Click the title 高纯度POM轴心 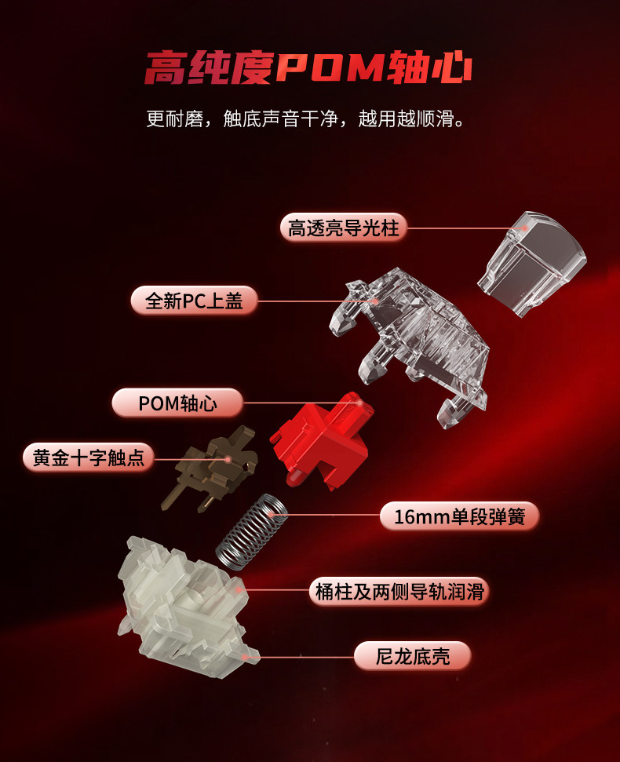pyautogui.click(x=308, y=67)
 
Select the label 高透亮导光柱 pyautogui.click(x=343, y=228)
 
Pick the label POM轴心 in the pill pyautogui.click(x=177, y=403)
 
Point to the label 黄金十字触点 pyautogui.click(x=88, y=458)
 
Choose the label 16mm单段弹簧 pyautogui.click(x=459, y=517)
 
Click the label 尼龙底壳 pyautogui.click(x=412, y=656)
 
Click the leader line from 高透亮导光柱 pyautogui.click(x=463, y=228)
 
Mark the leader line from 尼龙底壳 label pyautogui.click(x=302, y=656)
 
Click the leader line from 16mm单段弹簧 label pyautogui.click(x=330, y=516)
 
